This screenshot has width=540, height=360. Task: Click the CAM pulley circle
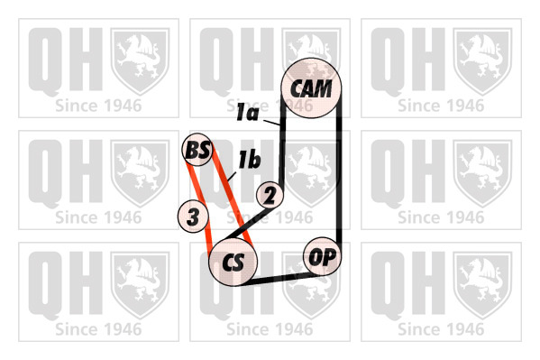tap(311, 88)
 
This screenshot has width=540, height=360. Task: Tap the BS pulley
tap(197, 150)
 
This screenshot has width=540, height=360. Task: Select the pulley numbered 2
tap(270, 195)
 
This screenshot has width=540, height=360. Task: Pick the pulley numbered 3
tap(193, 217)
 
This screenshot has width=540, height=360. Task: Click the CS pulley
tap(233, 262)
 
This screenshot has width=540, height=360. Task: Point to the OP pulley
tap(322, 256)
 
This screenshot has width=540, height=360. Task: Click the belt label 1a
tap(247, 113)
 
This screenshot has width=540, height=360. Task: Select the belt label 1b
tap(250, 160)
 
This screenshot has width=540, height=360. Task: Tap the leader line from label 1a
tap(271, 123)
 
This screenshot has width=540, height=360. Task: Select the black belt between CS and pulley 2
tap(245, 224)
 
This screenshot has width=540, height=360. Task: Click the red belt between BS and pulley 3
tap(193, 182)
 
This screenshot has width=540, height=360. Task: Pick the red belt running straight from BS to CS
tap(232, 198)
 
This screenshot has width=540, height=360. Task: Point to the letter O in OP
tap(315, 256)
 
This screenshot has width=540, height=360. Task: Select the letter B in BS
tap(191, 151)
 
